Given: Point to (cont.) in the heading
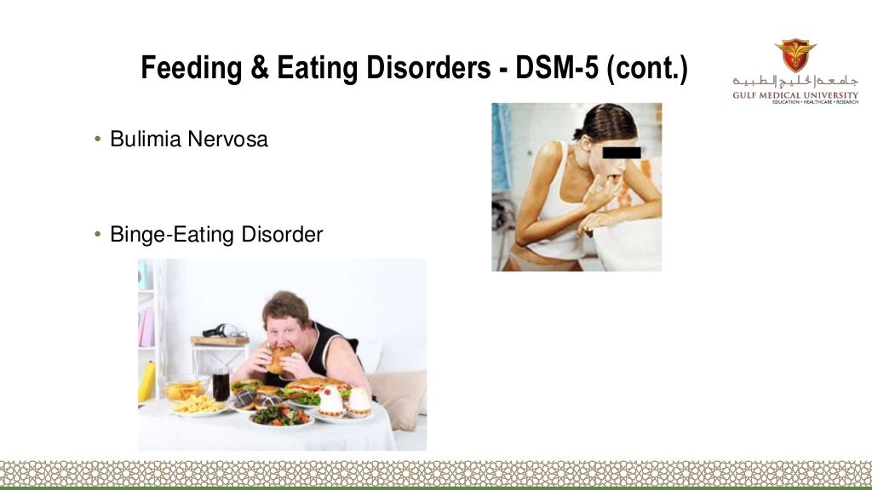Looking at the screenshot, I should pos(646,68).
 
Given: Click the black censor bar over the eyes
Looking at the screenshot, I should pos(622,152).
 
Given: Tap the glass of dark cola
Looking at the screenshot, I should pos(221,385).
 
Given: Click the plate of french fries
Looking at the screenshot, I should pos(197,404).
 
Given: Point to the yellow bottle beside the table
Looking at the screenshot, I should pos(146,382).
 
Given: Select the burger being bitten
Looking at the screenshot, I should pos(280,358).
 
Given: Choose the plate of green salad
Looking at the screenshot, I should pos(280,415).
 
